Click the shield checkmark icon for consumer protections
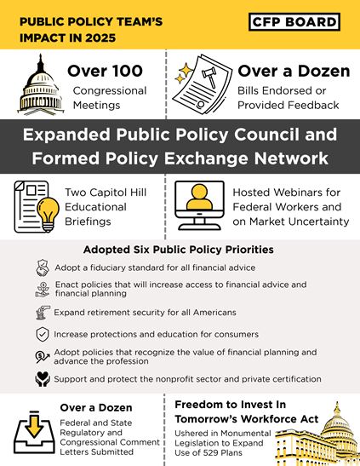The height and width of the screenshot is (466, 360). (42, 334)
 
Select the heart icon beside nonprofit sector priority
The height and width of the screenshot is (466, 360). (42, 378)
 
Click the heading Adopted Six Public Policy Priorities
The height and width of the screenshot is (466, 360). (180, 250)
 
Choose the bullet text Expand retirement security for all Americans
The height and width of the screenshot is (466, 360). (145, 312)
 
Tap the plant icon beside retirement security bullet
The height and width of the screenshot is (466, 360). (42, 312)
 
